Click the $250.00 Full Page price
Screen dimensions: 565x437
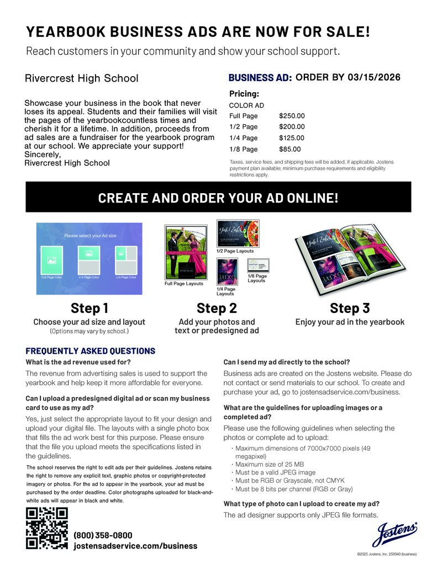pyautogui.click(x=292, y=116)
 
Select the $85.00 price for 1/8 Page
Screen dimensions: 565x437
pyautogui.click(x=289, y=149)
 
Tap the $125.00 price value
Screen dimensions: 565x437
pyautogui.click(x=292, y=138)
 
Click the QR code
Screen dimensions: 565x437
pyautogui.click(x=47, y=529)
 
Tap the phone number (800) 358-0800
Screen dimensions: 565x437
pyautogui.click(x=103, y=535)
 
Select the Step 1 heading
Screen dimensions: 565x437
pyautogui.click(x=89, y=308)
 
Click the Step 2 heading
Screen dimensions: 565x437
pyautogui.click(x=217, y=308)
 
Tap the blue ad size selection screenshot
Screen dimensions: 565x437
pyautogui.click(x=89, y=251)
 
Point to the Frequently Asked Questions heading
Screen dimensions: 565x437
pyautogui.click(x=91, y=351)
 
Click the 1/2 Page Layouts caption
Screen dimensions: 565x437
pyautogui.click(x=235, y=251)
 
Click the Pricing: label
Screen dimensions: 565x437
pyautogui.click(x=244, y=94)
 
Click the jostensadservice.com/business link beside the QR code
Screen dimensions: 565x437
pyautogui.click(x=135, y=546)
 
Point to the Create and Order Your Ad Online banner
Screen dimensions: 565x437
pyautogui.click(x=218, y=198)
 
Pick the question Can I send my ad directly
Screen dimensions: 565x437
pyautogui.click(x=286, y=363)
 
